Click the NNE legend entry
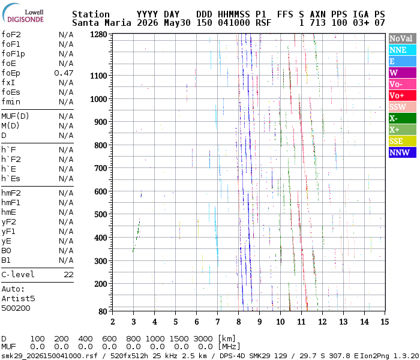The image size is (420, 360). click(403, 50)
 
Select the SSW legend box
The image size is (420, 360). click(403, 107)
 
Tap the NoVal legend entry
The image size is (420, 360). click(403, 38)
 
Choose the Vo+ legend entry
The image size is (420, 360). click(403, 95)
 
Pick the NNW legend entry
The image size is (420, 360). click(403, 152)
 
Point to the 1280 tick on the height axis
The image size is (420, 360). click(98, 35)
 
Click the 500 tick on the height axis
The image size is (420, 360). click(101, 215)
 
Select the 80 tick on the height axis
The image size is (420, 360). click(103, 311)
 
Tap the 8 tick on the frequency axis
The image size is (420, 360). click(238, 322)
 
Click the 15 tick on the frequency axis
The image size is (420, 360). click(385, 322)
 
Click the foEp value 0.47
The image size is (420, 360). click(64, 73)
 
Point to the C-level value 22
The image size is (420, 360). click(68, 275)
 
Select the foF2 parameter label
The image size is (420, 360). click(11, 35)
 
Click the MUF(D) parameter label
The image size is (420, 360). click(15, 116)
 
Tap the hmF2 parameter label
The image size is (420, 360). click(11, 193)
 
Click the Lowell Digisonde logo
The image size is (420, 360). click(23, 13)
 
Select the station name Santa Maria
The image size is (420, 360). click(101, 23)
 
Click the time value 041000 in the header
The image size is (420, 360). click(234, 23)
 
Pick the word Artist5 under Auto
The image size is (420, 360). click(18, 298)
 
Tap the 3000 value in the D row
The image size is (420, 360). click(205, 338)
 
